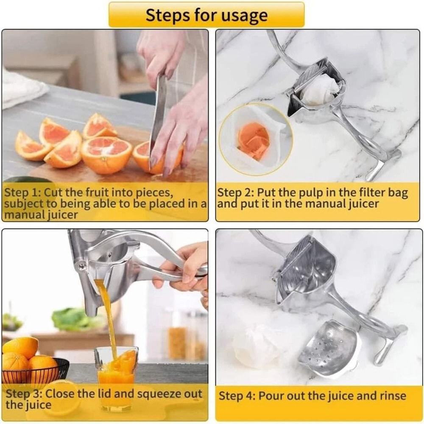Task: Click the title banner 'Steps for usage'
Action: pyautogui.click(x=206, y=15)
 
